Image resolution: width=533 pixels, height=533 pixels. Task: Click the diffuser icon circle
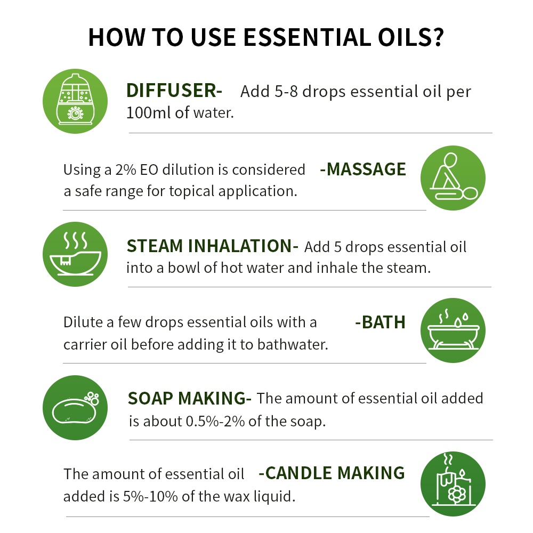click(x=75, y=101)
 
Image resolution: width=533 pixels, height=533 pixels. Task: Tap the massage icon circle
click(x=453, y=178)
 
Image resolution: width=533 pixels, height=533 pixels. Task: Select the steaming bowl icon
click(x=75, y=254)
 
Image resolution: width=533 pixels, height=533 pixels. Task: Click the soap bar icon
click(x=75, y=408)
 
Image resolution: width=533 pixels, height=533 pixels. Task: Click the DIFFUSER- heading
click(x=174, y=91)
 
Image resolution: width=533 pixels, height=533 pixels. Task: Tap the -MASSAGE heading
click(x=362, y=169)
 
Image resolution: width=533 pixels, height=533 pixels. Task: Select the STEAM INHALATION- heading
click(x=213, y=246)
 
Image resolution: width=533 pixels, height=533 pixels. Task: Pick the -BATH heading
click(x=380, y=322)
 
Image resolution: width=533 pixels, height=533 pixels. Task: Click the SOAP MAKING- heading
click(x=189, y=398)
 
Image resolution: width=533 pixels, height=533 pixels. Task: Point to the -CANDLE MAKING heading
click(x=332, y=473)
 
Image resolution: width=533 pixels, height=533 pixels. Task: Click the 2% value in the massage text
click(x=125, y=169)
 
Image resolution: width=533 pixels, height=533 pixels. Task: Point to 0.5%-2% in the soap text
click(x=215, y=422)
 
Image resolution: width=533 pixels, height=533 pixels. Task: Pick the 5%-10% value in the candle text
click(x=150, y=497)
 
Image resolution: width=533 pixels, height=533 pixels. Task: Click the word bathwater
click(x=293, y=345)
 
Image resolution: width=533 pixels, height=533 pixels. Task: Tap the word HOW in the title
click(x=117, y=37)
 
